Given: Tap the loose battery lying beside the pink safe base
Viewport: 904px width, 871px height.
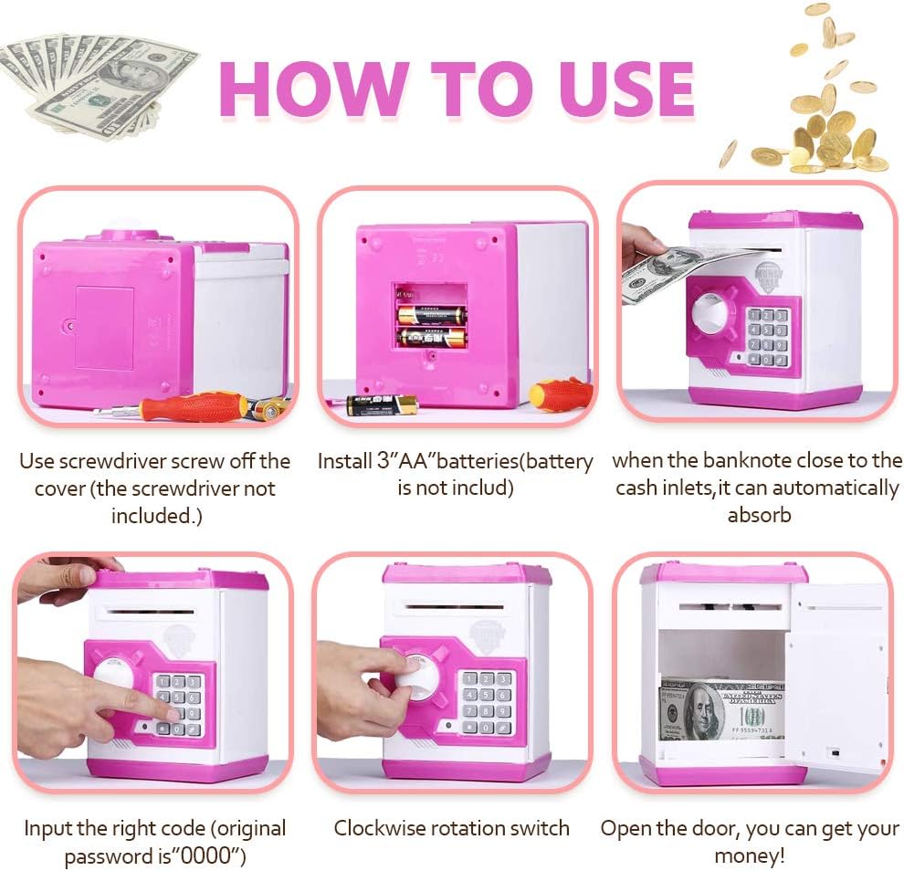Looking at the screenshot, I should pos(382,404).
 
